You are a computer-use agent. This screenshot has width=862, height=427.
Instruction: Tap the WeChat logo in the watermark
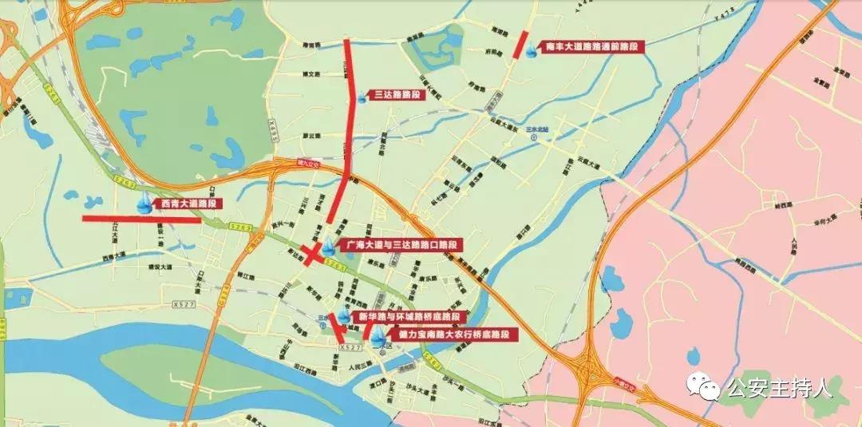pos(706,389)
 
